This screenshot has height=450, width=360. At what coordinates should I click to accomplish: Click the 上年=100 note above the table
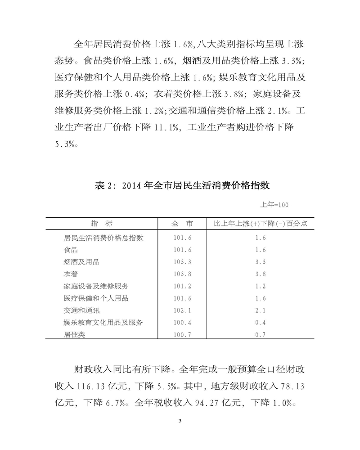tap(274, 205)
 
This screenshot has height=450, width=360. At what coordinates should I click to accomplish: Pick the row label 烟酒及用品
tap(82, 261)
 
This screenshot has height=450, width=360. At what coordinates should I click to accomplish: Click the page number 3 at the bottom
tap(180, 421)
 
